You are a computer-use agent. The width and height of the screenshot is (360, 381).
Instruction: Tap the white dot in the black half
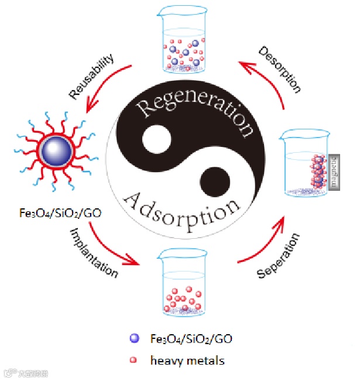[x=153, y=140]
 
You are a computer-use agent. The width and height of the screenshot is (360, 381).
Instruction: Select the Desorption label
[x=280, y=70]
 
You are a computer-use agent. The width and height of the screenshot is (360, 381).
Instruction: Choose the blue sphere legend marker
[x=135, y=338]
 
